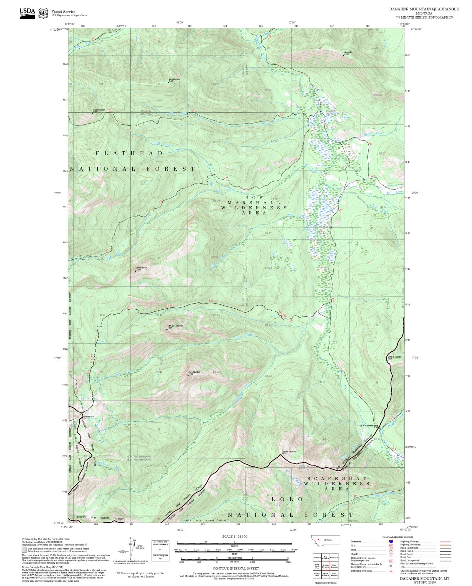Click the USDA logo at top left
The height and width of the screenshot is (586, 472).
point(27,13)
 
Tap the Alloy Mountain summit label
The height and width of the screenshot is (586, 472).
point(174,79)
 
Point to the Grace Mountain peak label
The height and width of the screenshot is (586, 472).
point(99,110)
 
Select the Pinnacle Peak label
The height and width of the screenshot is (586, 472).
point(142,268)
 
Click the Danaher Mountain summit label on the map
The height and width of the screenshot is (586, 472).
point(288,452)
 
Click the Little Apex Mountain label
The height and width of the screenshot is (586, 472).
point(175,326)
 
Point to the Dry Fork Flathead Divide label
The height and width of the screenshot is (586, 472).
point(368,426)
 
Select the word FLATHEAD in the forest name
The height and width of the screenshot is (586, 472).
point(129,153)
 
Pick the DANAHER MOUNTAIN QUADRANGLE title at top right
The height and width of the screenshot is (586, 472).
point(424,9)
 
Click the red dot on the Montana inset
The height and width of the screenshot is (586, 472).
point(318,539)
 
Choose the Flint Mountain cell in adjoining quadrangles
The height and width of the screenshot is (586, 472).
point(334,566)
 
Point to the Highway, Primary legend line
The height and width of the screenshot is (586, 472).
point(445,542)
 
